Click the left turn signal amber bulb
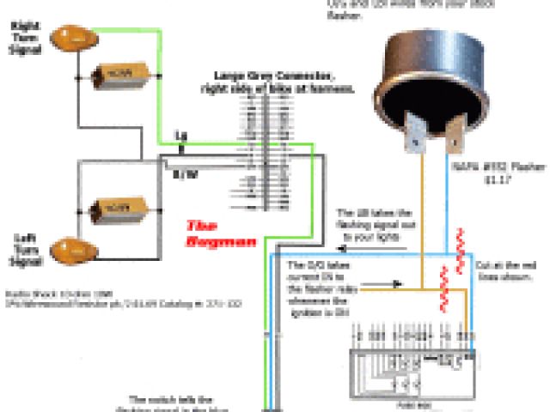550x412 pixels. coord(70,250)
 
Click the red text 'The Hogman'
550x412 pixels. coord(222,234)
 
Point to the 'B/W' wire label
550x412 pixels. coord(184,174)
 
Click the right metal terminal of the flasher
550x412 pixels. coord(454,130)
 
